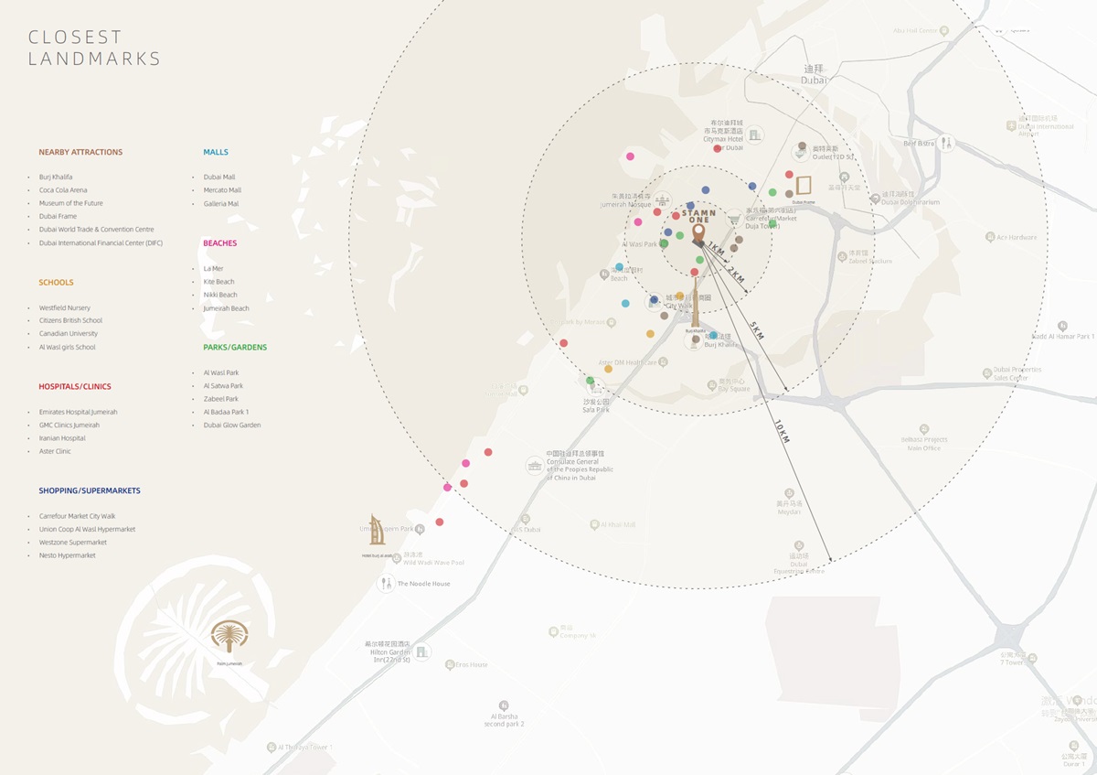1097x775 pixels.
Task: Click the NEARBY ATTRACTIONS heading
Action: click(80, 152)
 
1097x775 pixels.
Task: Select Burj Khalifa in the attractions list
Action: click(56, 177)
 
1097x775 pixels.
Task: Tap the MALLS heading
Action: click(216, 152)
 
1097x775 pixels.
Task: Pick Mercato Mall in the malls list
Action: click(222, 190)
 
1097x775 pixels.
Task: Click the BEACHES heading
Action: click(219, 243)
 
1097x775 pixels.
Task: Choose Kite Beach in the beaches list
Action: click(219, 282)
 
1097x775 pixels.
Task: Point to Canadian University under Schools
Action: click(68, 334)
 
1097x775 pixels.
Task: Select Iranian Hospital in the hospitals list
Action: click(62, 438)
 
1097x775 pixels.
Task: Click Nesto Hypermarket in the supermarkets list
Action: click(67, 555)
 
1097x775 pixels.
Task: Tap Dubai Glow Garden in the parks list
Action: click(232, 425)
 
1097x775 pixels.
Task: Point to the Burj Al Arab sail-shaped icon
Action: click(377, 531)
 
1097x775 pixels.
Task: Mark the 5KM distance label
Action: click(756, 330)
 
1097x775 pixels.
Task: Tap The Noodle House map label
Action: click(423, 584)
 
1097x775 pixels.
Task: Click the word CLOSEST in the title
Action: click(75, 38)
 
